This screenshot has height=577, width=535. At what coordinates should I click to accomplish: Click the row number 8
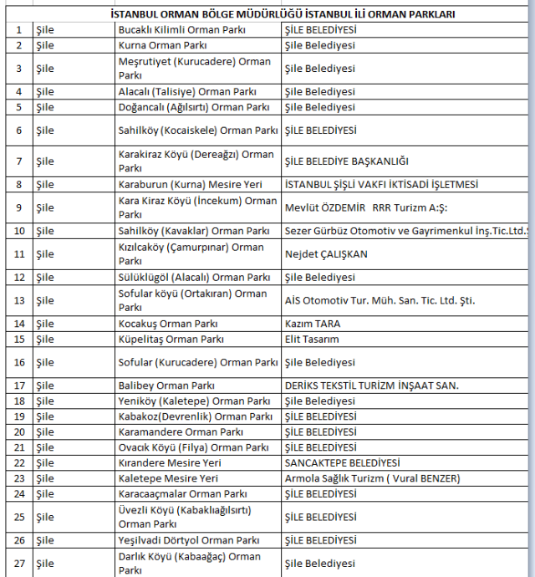tap(18, 184)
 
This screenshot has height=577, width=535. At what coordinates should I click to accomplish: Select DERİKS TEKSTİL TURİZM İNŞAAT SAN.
tap(372, 386)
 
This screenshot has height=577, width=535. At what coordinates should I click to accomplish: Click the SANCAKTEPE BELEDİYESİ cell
tap(342, 462)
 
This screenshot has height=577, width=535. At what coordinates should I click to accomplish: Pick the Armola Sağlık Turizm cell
tap(372, 478)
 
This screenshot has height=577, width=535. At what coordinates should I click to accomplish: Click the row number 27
tap(18, 564)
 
